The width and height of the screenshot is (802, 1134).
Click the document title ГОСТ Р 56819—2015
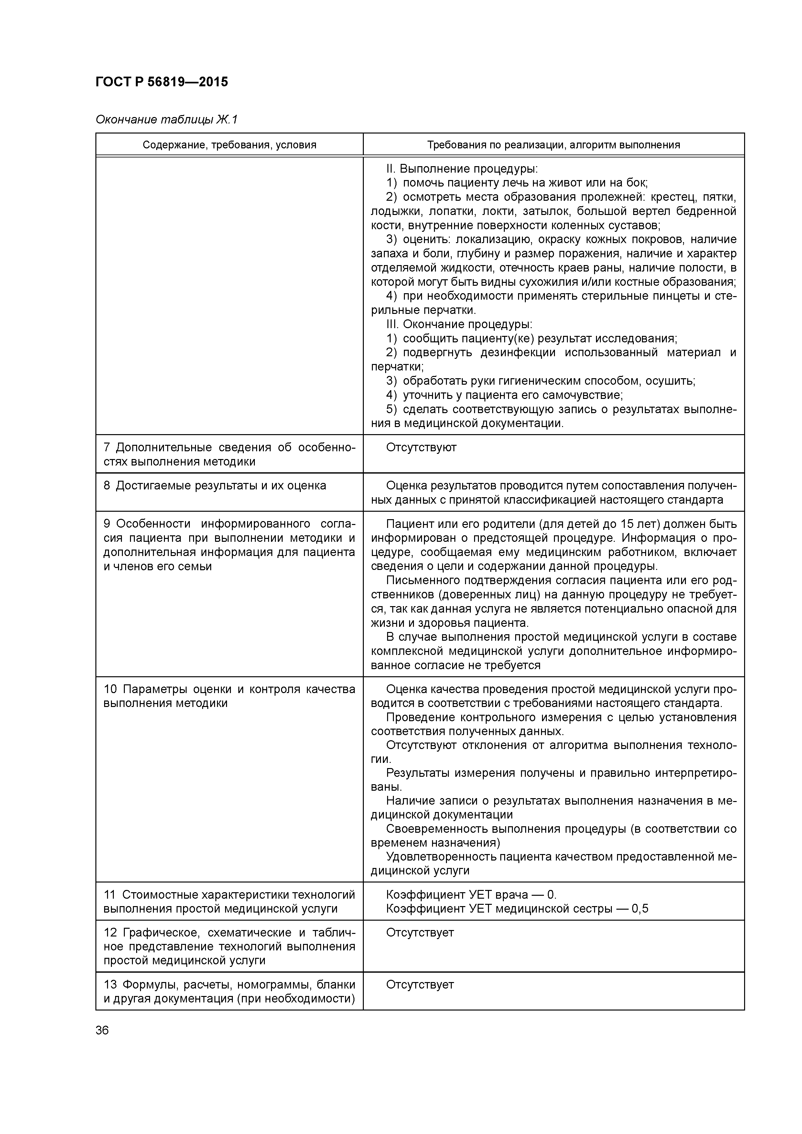(162, 82)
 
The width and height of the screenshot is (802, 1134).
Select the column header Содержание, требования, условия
(229, 145)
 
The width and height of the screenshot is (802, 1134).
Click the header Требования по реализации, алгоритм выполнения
(553, 145)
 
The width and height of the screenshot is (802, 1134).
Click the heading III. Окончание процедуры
(459, 325)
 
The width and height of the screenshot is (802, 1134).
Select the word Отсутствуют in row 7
(421, 447)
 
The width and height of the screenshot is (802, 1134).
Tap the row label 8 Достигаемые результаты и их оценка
(215, 486)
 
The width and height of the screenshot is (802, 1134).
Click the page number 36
(102, 1030)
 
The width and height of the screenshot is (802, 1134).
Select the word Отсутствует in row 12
(419, 933)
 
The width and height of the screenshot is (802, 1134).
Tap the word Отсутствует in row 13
(419, 984)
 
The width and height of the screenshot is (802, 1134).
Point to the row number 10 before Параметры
(110, 689)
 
